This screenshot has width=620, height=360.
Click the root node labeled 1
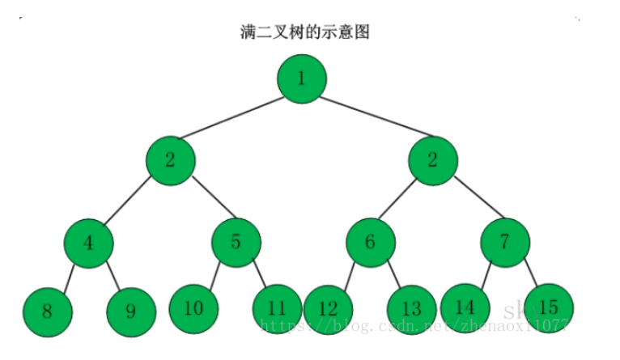(x=301, y=78)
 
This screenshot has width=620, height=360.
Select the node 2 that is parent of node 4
(x=170, y=159)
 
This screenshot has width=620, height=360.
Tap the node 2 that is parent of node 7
(x=432, y=159)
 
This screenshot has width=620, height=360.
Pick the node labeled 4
(x=89, y=242)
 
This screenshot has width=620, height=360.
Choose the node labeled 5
(x=236, y=242)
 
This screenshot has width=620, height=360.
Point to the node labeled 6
(x=371, y=242)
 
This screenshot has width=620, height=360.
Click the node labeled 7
(x=504, y=242)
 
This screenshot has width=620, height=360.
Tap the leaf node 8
(x=47, y=310)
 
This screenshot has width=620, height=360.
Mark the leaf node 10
(x=193, y=307)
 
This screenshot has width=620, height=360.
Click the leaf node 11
(x=278, y=308)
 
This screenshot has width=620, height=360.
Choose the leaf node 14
(x=465, y=307)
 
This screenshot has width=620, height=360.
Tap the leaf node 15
(x=548, y=307)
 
